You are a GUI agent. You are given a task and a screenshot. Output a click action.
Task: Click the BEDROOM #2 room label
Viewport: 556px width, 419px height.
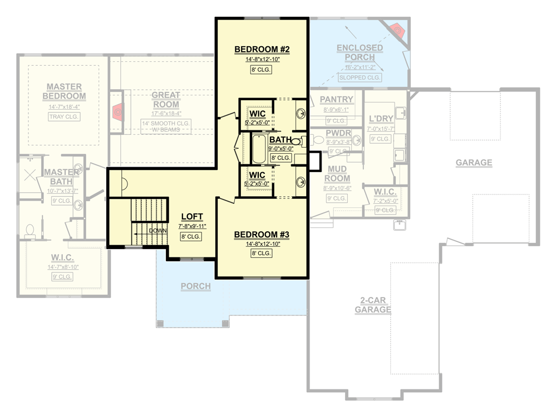pos(262,49)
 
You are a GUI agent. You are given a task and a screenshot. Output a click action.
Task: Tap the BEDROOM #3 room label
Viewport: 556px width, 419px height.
pos(262,234)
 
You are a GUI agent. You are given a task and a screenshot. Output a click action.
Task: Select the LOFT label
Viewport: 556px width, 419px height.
pos(192,217)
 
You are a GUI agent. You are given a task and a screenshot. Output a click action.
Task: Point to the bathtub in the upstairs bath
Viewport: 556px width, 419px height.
pos(259,149)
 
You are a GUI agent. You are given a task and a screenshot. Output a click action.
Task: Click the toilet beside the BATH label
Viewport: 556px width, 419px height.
pos(296,141)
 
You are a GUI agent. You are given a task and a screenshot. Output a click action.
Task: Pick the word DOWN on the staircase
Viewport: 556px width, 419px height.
pos(158,230)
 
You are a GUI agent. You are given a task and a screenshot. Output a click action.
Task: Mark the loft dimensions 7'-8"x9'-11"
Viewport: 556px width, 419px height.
pos(192,226)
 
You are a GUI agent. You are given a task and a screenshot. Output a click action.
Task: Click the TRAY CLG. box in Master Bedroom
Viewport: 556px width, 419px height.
pos(63,116)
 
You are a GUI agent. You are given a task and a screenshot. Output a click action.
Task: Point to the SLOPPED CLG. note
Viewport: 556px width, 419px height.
pos(360,77)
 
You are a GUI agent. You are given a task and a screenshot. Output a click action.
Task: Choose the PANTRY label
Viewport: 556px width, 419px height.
pos(337,100)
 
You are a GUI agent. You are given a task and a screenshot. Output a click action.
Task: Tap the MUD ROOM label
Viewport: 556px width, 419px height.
pos(337,173)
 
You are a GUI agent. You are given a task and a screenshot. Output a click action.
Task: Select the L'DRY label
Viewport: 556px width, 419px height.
pos(381,119)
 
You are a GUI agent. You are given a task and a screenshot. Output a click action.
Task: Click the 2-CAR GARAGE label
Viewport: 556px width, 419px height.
pos(372,305)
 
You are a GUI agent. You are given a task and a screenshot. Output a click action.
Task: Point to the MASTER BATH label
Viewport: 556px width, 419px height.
pos(62,177)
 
